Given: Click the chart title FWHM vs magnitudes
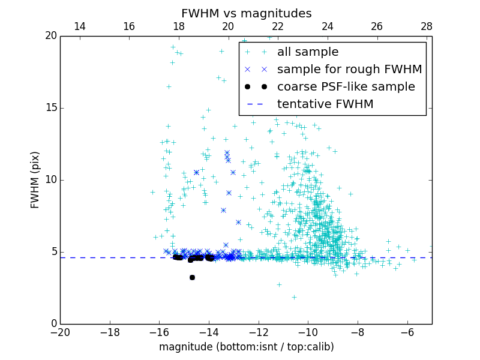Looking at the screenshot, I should pos(246,13).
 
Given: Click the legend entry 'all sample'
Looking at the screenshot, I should pos(308,52).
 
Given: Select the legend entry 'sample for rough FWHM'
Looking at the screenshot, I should pos(349,69).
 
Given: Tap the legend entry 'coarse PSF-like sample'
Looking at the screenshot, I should pos(346,86).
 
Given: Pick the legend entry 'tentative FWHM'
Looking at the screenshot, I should pos(325,104).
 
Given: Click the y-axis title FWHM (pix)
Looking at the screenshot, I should pos(35,180).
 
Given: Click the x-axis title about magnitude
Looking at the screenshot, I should pos(246,347).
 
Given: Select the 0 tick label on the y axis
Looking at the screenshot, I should pos(53,324).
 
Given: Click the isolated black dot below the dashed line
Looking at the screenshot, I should pos(192,277).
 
